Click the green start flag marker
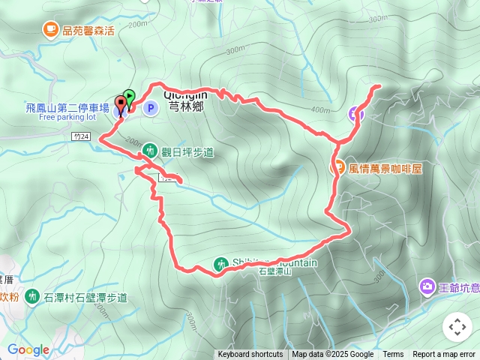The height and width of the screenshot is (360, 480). pos(129,96)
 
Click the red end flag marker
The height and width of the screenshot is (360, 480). pos(120,103)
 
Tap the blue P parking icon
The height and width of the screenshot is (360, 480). pos(150,109)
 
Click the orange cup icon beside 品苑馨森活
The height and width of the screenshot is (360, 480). pos(50,30)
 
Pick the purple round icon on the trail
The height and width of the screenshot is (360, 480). pos(355,114)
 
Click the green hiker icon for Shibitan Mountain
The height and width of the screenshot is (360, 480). pos(220,264)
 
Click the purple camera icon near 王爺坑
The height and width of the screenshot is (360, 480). pos(427,286)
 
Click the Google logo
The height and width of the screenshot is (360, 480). pos(28,349)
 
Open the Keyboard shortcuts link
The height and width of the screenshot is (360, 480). pos(250,355)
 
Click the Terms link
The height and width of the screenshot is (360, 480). pos(393,355)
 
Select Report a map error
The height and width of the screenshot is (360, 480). pos(444,355)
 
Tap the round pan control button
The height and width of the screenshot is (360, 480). pos(457,327)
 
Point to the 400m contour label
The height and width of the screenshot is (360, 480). pos(321,110)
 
